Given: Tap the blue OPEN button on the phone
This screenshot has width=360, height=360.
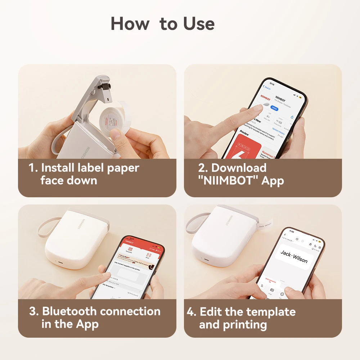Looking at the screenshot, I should [274, 108].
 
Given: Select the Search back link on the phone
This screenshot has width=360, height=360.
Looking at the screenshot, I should [267, 87].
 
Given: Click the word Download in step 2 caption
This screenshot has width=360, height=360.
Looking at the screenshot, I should [239, 168].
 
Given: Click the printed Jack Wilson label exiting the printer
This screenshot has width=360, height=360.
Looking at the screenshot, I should [265, 225].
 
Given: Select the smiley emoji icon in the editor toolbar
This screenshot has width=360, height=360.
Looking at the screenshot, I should [282, 294].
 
